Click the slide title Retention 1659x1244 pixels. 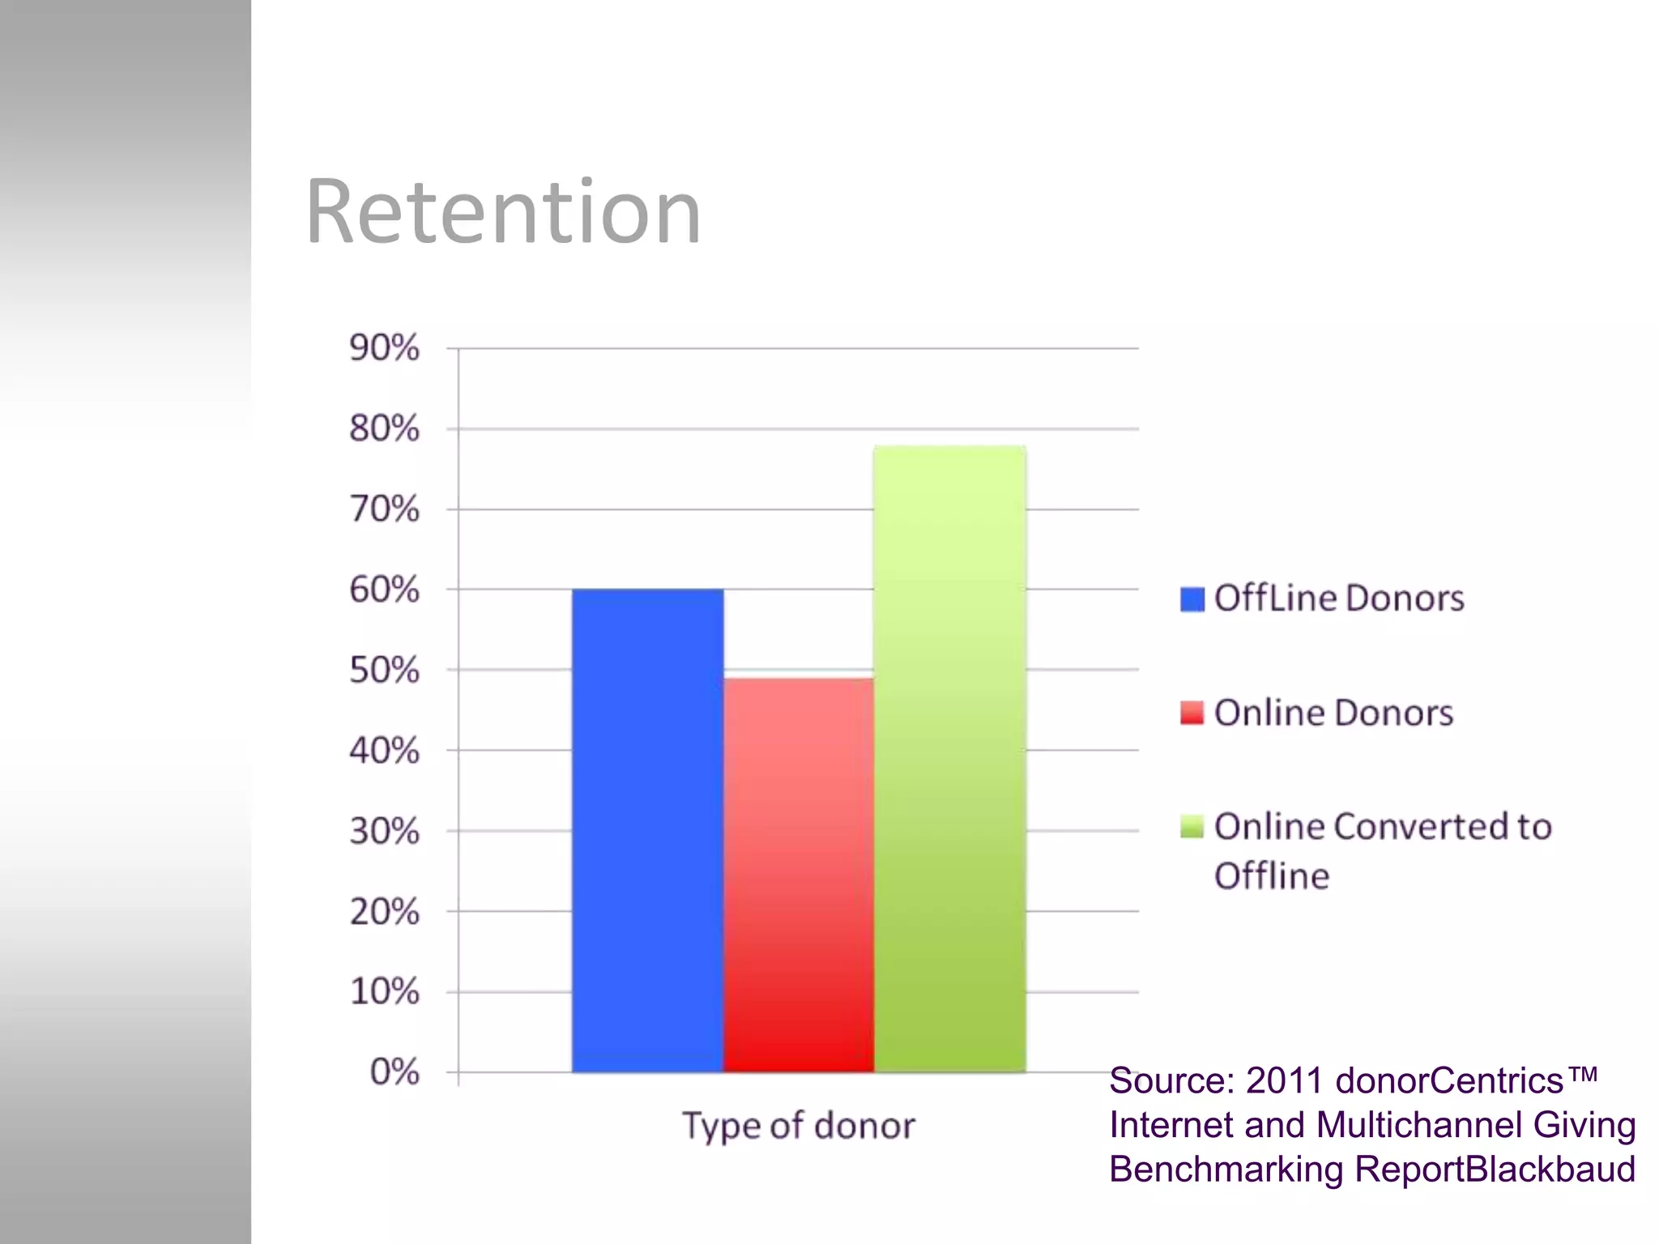503,212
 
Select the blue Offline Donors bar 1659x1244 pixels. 647,830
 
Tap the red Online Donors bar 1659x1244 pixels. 798,875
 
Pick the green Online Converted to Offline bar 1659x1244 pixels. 949,759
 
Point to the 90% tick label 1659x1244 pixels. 384,348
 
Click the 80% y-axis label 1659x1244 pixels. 384,428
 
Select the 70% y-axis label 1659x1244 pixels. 384,509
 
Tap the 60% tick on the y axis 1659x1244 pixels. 384,590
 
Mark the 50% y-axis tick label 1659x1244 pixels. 384,670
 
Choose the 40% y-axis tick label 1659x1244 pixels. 384,751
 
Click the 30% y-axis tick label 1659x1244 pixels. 384,831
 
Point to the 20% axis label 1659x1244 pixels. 384,912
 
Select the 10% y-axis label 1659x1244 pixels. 384,991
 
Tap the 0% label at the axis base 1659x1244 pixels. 394,1071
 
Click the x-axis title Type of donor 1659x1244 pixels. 799,1126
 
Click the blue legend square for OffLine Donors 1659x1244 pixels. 1192,599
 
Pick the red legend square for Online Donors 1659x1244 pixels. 1192,713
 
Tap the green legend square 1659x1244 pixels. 1192,827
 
